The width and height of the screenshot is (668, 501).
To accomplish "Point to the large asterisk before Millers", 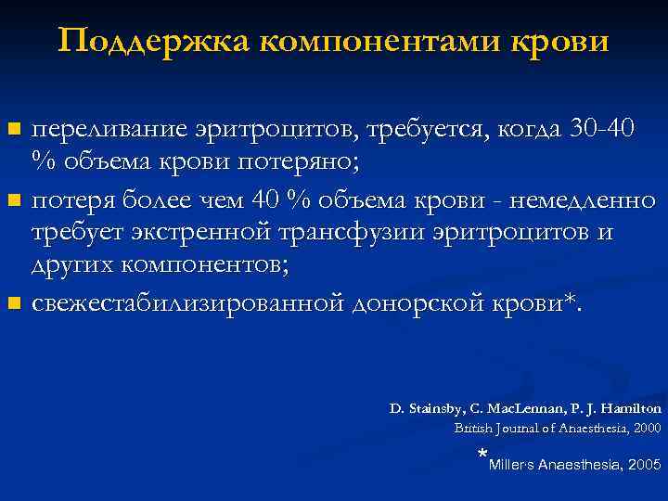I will point(482,456).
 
